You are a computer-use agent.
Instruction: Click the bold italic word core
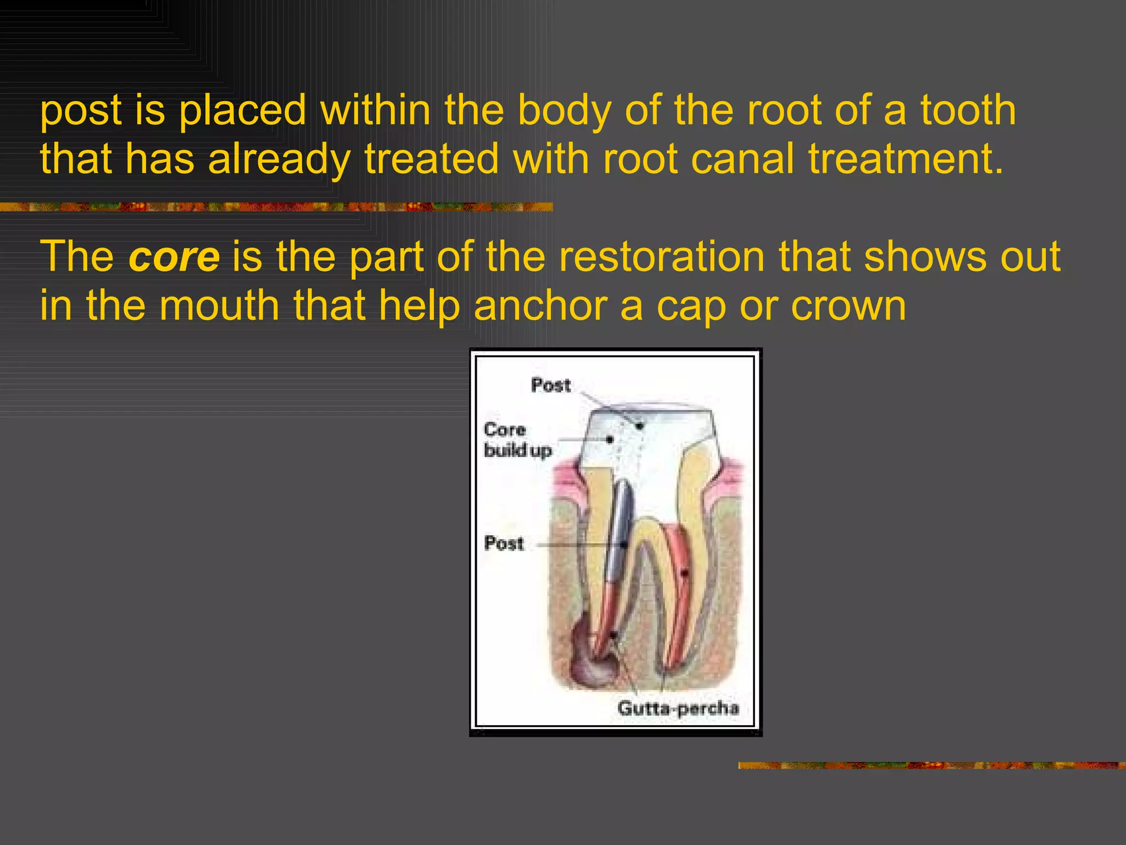click(x=174, y=257)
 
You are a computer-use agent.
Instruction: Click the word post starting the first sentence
click(x=80, y=111)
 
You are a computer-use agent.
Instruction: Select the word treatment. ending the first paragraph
click(x=906, y=158)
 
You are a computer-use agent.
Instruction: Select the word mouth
click(x=219, y=305)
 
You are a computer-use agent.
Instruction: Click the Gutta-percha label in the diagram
click(x=677, y=707)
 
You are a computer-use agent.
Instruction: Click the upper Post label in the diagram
click(x=550, y=385)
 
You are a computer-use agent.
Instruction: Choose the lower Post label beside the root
click(x=504, y=544)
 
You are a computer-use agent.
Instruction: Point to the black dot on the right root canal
click(x=685, y=573)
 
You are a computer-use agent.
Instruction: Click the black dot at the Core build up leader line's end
click(x=610, y=439)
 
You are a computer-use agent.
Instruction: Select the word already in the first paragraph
click(x=279, y=160)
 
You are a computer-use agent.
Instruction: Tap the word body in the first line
click(x=564, y=111)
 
